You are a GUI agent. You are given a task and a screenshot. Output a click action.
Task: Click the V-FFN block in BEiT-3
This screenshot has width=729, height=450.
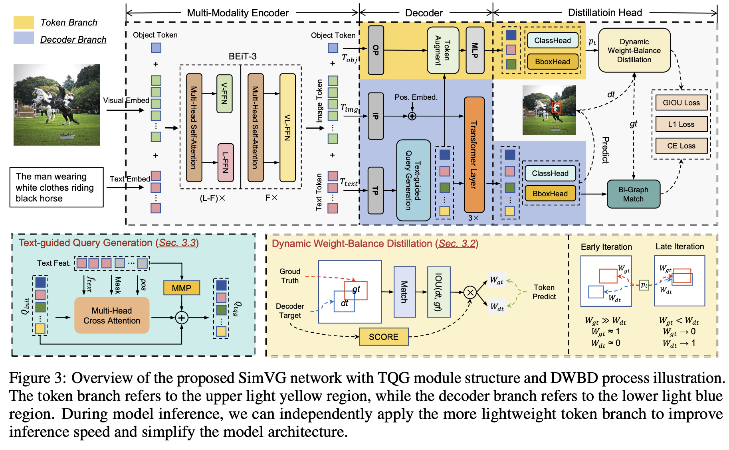[x=224, y=94]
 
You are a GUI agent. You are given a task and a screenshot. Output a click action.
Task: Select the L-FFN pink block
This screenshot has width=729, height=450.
[x=225, y=162]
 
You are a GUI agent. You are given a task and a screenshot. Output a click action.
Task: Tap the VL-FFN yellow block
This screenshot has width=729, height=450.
[x=287, y=127]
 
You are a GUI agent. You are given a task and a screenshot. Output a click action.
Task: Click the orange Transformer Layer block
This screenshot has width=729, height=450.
[x=474, y=154]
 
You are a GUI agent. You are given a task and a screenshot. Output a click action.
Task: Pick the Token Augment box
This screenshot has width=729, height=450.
[x=443, y=50]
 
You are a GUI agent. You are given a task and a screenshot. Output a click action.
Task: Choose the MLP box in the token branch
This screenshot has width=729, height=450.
[x=475, y=50]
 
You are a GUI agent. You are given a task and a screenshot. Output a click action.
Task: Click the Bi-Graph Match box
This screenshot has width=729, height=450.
[x=633, y=194]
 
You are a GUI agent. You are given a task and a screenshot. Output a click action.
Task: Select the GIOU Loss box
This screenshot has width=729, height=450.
[x=681, y=103]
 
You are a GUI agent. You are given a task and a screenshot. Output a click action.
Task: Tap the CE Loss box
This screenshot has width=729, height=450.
[x=681, y=146]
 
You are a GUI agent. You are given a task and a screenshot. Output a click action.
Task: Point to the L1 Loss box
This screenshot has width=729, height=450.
[x=681, y=124]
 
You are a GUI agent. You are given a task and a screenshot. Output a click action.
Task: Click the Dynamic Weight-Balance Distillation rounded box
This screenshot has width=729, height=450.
[x=634, y=51]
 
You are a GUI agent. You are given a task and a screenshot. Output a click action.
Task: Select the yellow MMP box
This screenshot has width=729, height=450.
[x=182, y=288]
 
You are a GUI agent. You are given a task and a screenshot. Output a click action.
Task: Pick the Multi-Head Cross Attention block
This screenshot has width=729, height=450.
[x=112, y=316]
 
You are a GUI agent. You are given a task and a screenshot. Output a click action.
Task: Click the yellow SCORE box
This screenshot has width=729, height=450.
[x=384, y=337]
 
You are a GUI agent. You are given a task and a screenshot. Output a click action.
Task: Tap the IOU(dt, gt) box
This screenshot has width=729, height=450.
[x=438, y=292]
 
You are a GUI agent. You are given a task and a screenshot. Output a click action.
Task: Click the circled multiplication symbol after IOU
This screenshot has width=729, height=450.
[x=470, y=293]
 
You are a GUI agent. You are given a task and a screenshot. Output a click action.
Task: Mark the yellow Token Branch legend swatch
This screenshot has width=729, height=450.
[x=24, y=22]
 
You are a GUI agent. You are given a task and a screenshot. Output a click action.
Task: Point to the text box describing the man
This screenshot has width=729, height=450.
[x=56, y=187]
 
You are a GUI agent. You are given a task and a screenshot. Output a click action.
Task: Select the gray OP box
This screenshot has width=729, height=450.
[x=376, y=50]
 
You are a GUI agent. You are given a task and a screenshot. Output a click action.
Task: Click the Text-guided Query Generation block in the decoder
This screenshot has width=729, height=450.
[x=413, y=180]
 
